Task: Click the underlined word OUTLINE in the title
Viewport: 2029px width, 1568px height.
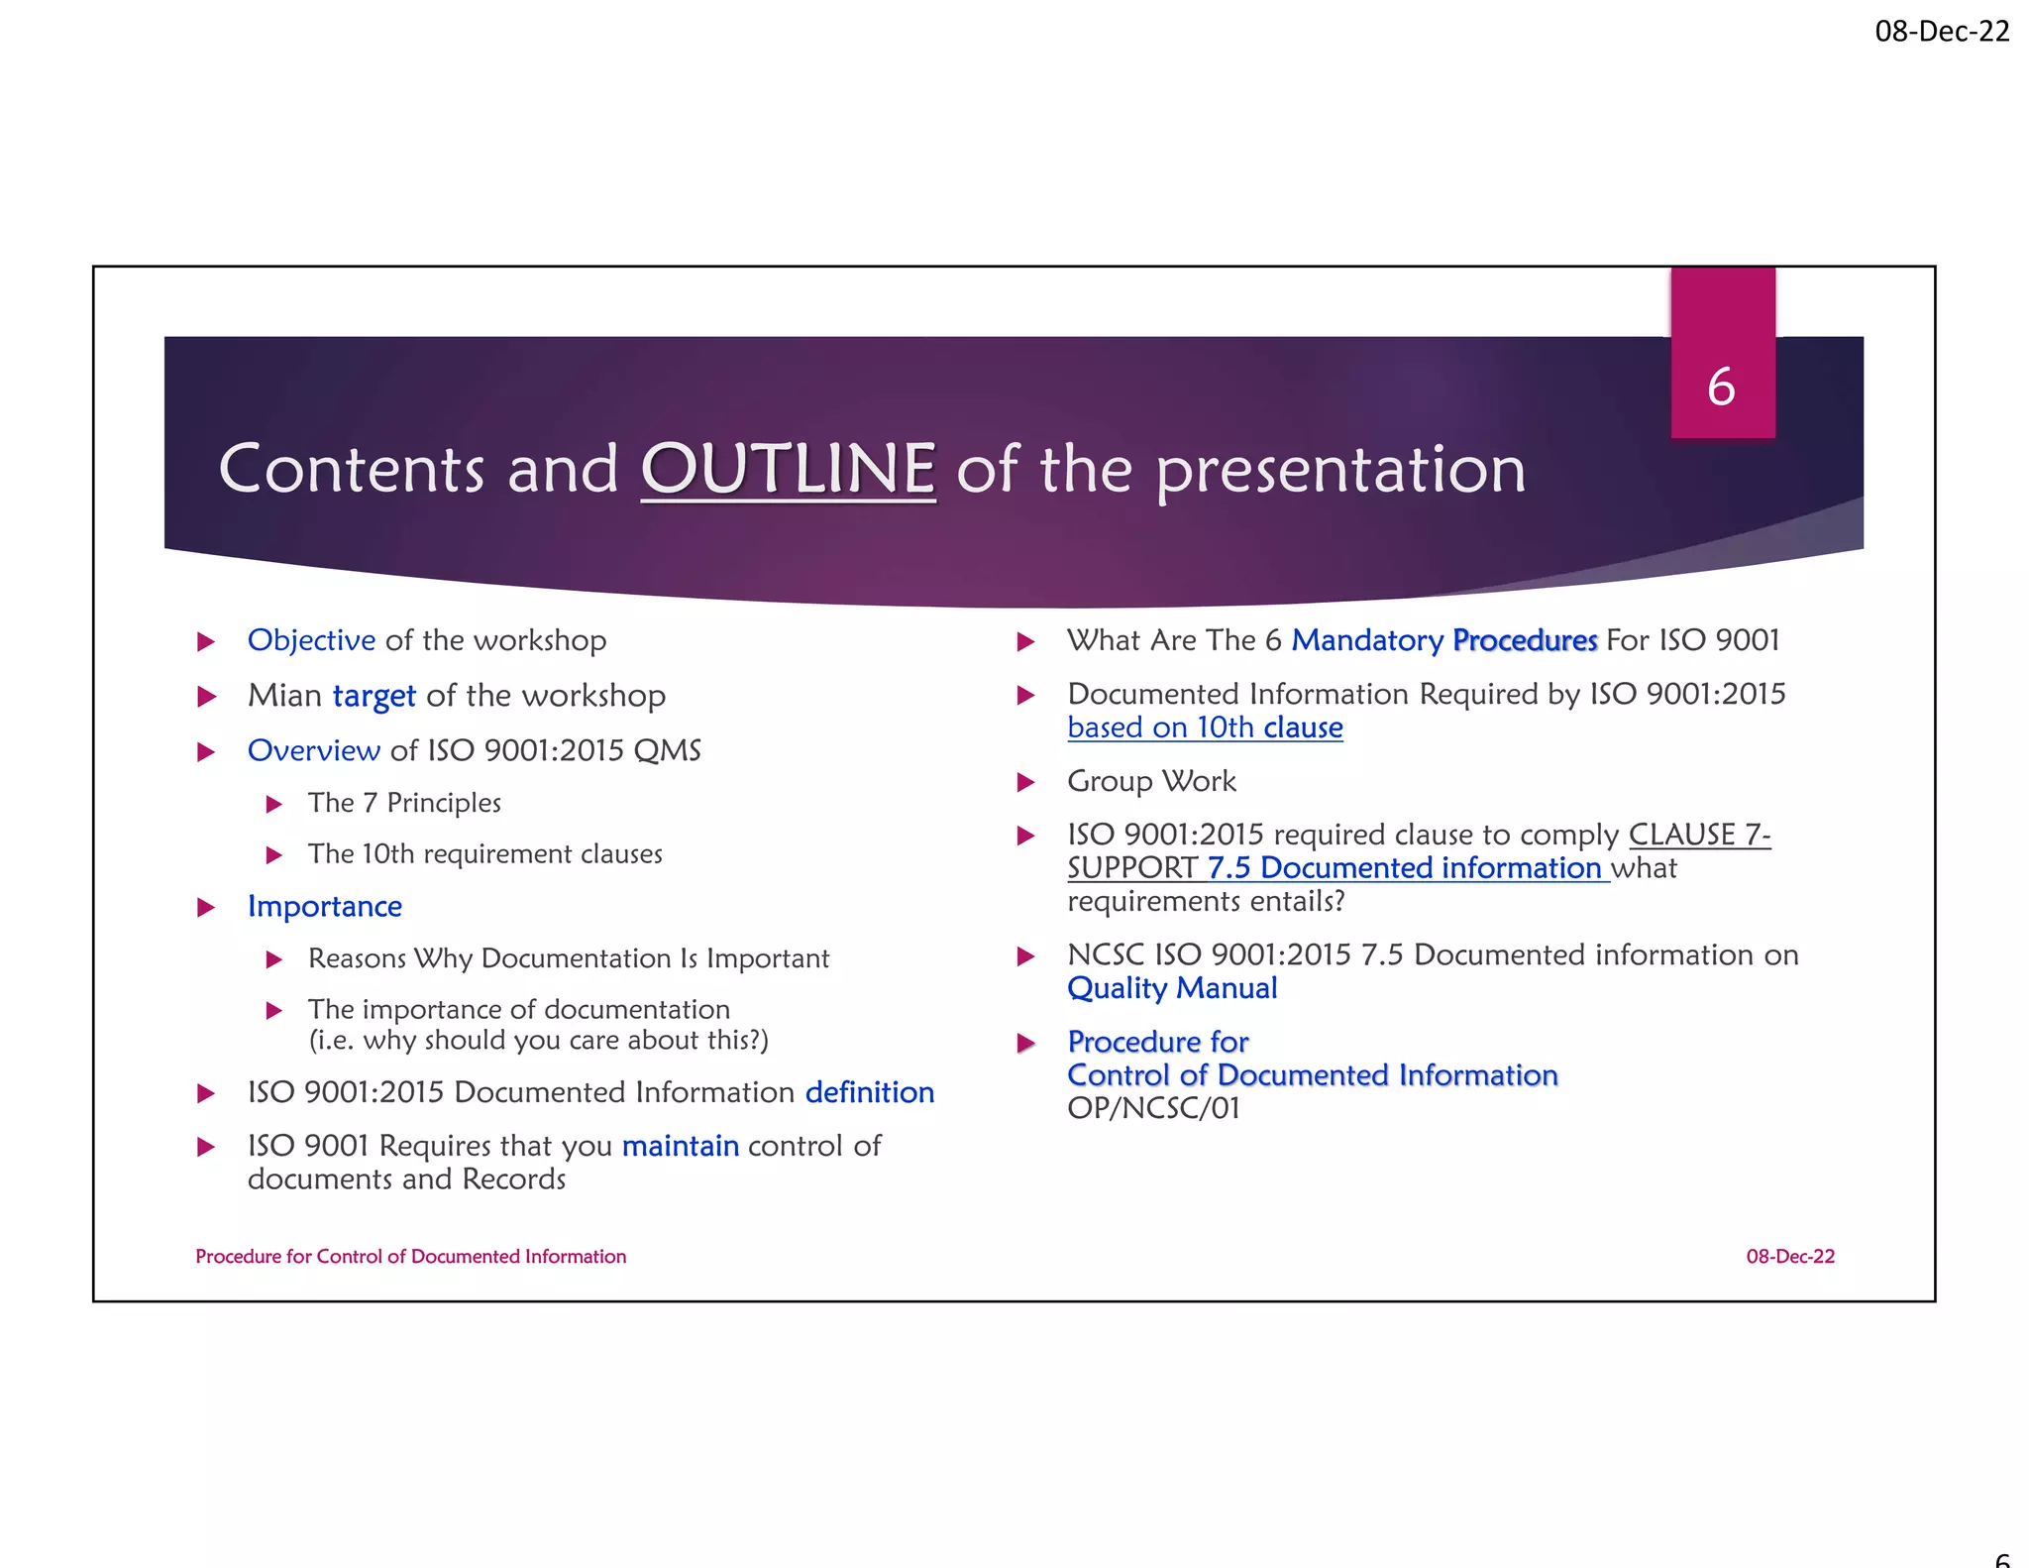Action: (788, 469)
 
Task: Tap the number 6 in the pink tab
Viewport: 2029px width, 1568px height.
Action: (1721, 387)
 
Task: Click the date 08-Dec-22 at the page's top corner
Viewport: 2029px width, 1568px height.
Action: (1941, 32)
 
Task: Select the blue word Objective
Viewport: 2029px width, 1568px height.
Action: (311, 640)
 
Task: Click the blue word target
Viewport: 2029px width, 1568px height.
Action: (374, 696)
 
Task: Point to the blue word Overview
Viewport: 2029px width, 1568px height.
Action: (313, 750)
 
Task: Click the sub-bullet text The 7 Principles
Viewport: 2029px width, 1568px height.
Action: (404, 803)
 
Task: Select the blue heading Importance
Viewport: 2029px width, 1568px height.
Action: (324, 907)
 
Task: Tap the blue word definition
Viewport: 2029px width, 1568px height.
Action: (869, 1092)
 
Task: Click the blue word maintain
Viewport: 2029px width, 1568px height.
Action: (680, 1146)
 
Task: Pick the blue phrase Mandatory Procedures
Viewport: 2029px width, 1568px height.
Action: (1443, 640)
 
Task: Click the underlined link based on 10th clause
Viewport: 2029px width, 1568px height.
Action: (1205, 728)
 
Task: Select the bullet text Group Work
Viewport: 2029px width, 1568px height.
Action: (1151, 781)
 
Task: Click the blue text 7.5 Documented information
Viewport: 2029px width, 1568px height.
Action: (1404, 868)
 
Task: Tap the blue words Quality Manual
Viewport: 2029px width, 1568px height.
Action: (1172, 988)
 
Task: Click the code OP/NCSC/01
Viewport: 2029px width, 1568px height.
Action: (1153, 1108)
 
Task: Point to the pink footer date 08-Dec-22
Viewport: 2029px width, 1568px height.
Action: (1789, 1257)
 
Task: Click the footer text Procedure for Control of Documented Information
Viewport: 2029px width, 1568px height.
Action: (410, 1257)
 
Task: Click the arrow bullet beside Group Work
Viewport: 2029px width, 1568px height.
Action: (1025, 783)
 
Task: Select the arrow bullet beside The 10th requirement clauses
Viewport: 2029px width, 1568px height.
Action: (274, 855)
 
